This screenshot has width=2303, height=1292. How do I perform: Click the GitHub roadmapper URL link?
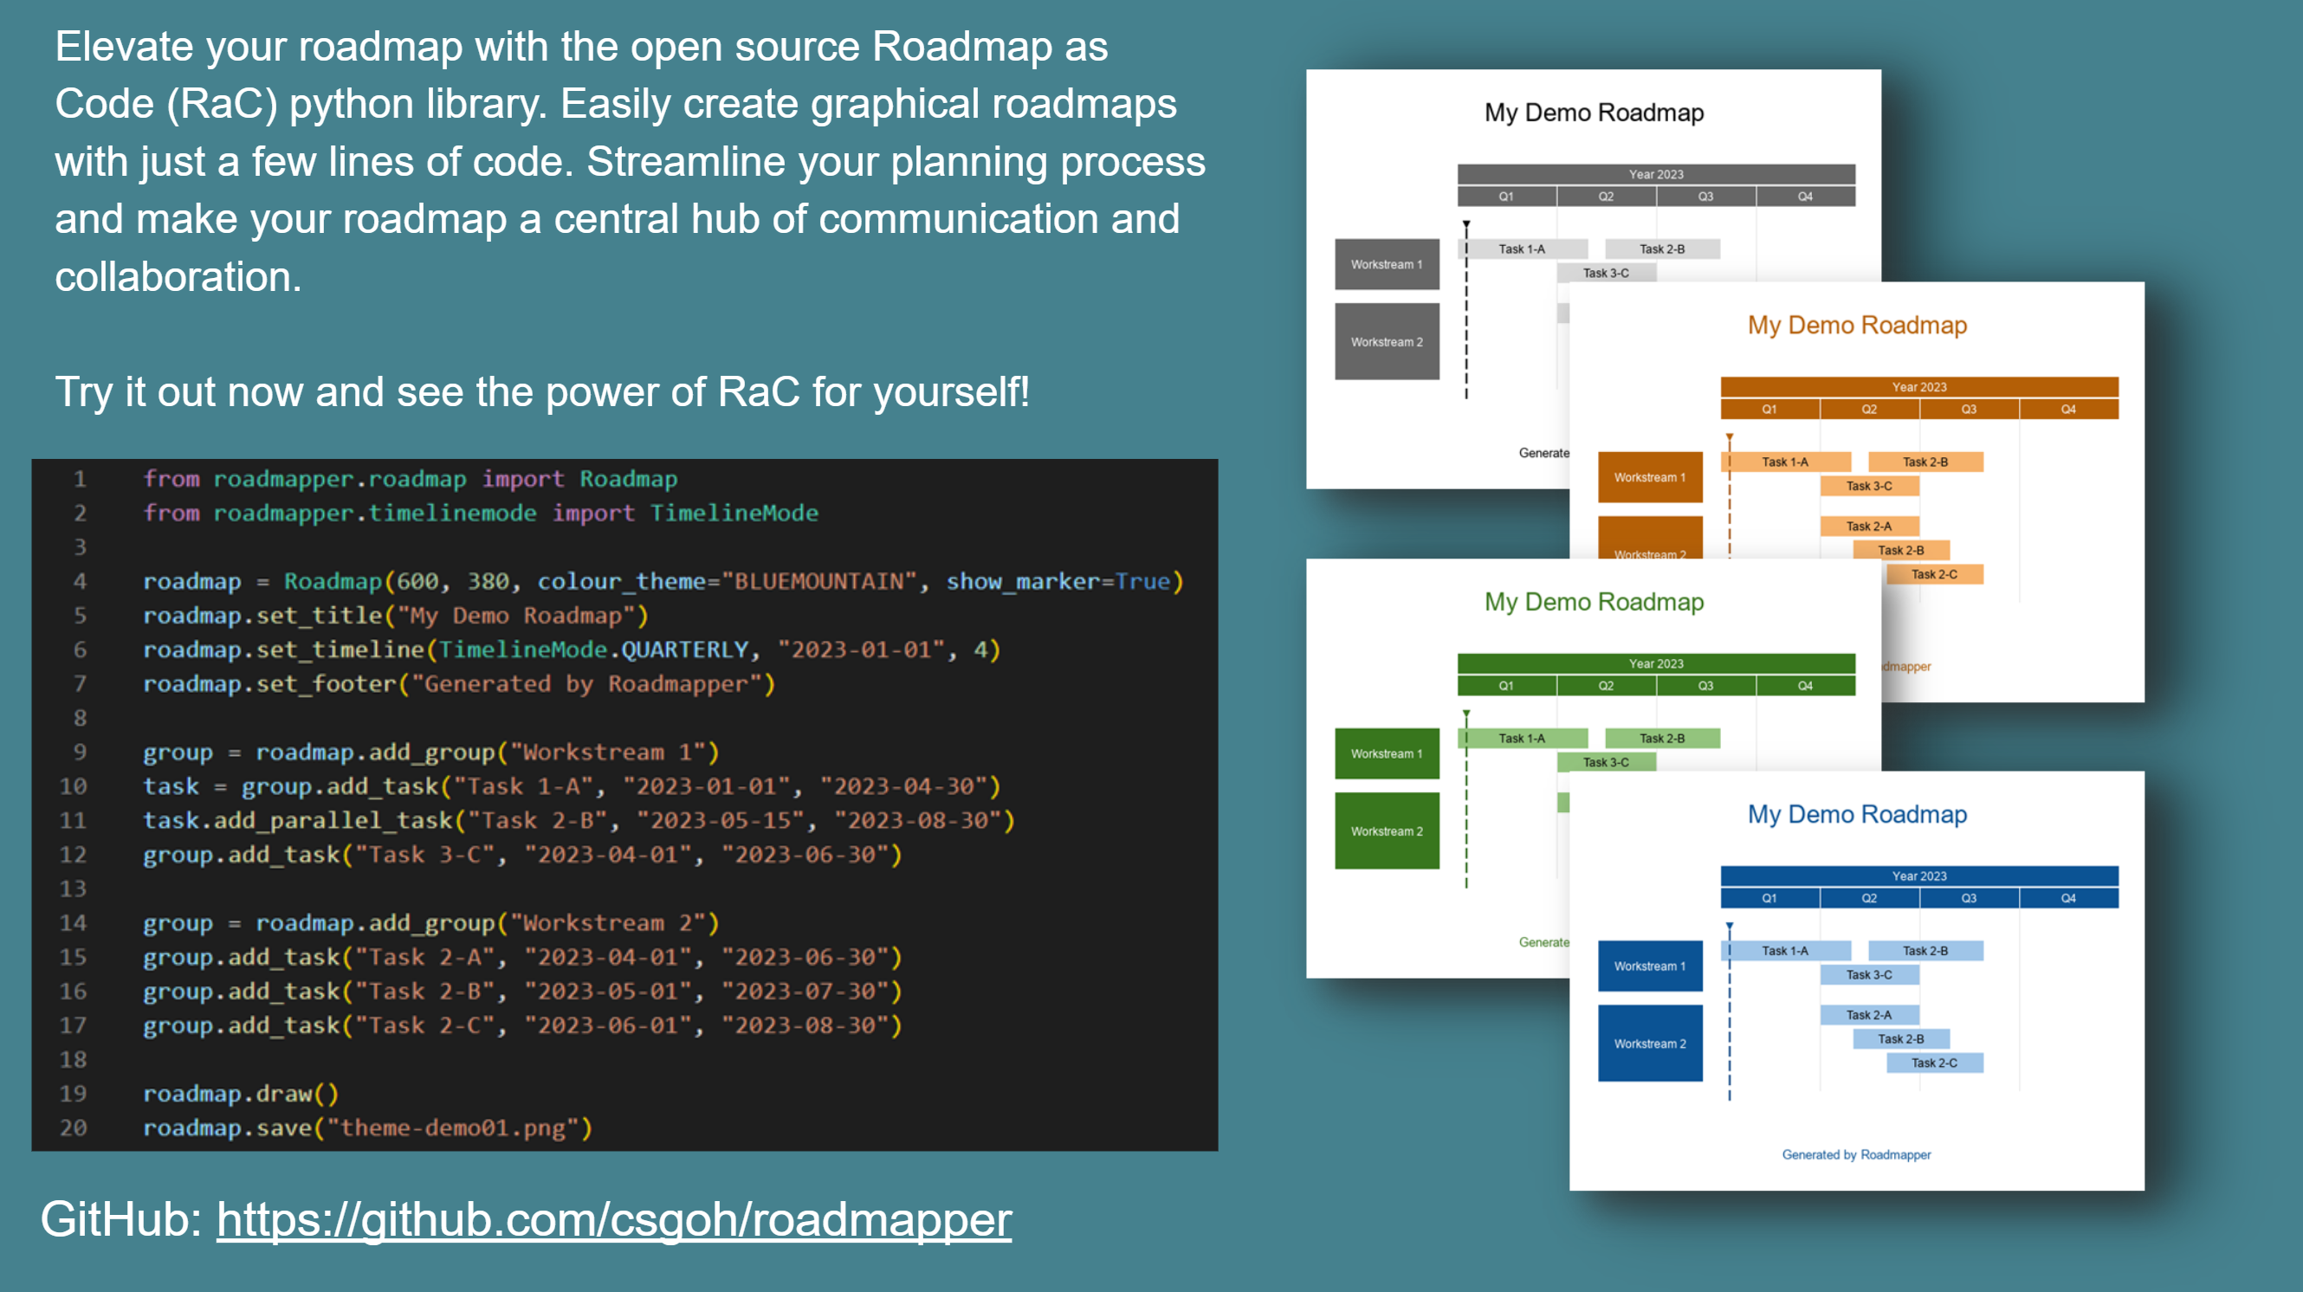point(613,1219)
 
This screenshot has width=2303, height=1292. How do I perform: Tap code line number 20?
point(74,1127)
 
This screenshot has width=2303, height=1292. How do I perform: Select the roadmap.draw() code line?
point(241,1094)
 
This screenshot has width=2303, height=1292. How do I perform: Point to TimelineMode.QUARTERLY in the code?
point(592,650)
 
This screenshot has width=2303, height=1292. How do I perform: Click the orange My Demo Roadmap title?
point(1857,325)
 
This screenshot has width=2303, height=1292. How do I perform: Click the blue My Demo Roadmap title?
point(1857,814)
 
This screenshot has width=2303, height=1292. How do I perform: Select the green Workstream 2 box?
point(1387,830)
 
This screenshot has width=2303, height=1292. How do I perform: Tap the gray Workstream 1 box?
point(1387,264)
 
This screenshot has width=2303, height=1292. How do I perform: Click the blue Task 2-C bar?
point(1934,1063)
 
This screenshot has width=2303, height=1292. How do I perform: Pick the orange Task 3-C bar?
point(1868,486)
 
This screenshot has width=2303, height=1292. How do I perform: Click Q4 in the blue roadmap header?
point(2068,898)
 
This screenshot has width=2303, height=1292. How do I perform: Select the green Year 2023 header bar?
point(1656,663)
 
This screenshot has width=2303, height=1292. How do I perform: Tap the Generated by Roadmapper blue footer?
point(1856,1154)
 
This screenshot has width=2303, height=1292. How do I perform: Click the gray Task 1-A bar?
point(1522,249)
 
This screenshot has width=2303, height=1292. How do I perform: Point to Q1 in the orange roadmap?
point(1769,409)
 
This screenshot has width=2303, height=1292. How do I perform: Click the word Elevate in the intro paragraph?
point(124,47)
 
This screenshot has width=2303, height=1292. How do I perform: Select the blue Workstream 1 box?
point(1649,966)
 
